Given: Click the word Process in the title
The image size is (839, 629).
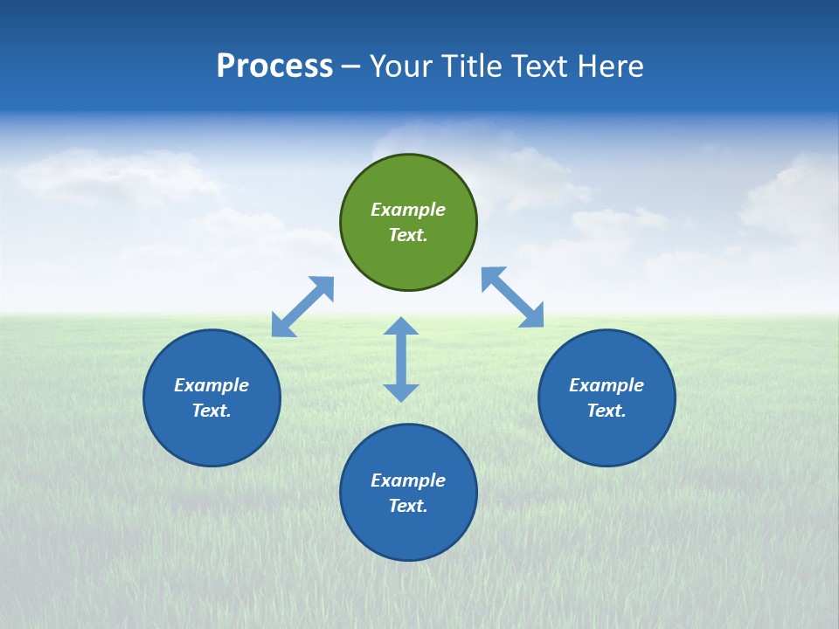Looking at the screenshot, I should click(x=274, y=66).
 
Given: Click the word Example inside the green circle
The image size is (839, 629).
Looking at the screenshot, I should click(x=408, y=210).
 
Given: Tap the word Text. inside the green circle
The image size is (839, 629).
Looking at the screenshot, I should click(x=408, y=235).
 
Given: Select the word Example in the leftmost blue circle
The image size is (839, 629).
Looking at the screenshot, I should click(x=211, y=385).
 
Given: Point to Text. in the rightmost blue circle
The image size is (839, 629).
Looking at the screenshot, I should click(x=607, y=411).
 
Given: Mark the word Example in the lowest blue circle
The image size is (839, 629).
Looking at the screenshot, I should click(x=408, y=480).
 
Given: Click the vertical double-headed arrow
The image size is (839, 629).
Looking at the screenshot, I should click(x=401, y=359).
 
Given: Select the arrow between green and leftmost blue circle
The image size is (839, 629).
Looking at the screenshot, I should click(x=302, y=307).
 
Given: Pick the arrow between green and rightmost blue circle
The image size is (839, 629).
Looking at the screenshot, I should click(x=513, y=297).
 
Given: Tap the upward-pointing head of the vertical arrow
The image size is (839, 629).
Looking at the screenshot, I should click(x=401, y=327).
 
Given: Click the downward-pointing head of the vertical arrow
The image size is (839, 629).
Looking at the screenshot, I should click(x=401, y=392).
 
